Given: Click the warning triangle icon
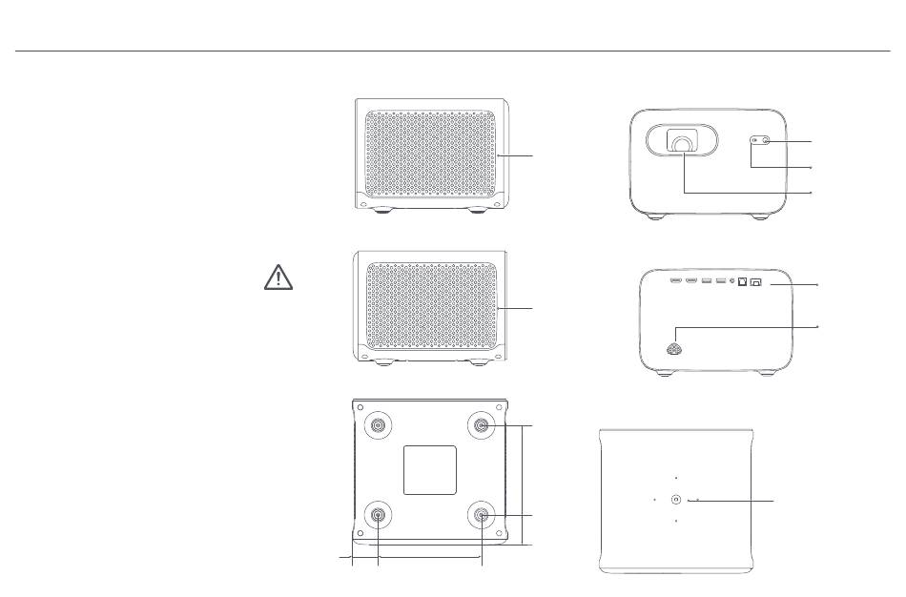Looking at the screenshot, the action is (278, 277).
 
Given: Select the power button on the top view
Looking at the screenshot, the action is (675, 499).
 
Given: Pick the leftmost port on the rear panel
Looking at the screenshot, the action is (675, 282).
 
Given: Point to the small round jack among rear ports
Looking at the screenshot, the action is (731, 282).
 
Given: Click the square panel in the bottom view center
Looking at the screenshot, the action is (429, 467).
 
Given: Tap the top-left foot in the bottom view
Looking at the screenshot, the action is (381, 426).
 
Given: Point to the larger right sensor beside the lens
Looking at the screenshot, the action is (767, 142).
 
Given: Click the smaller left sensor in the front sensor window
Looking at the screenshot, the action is (754, 142).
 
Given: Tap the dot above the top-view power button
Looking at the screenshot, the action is (675, 477).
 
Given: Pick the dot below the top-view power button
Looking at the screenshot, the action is (675, 522).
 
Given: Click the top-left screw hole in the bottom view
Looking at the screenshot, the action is (360, 404).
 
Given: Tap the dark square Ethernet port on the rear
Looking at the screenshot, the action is (742, 282).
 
